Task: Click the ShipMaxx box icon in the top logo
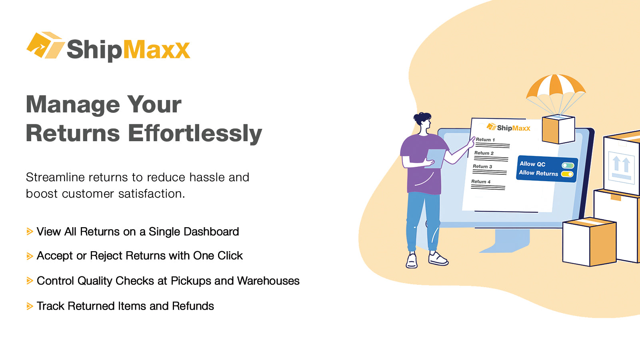[45, 45]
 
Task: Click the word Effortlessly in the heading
[195, 133]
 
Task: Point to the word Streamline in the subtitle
[55, 177]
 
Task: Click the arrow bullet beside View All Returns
[30, 232]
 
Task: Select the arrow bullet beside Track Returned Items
[30, 306]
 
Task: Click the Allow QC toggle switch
[568, 165]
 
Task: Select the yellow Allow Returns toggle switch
[567, 174]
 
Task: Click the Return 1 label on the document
[485, 140]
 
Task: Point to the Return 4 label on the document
[480, 182]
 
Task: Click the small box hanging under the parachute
[558, 129]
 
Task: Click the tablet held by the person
[436, 158]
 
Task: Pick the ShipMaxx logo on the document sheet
[508, 128]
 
